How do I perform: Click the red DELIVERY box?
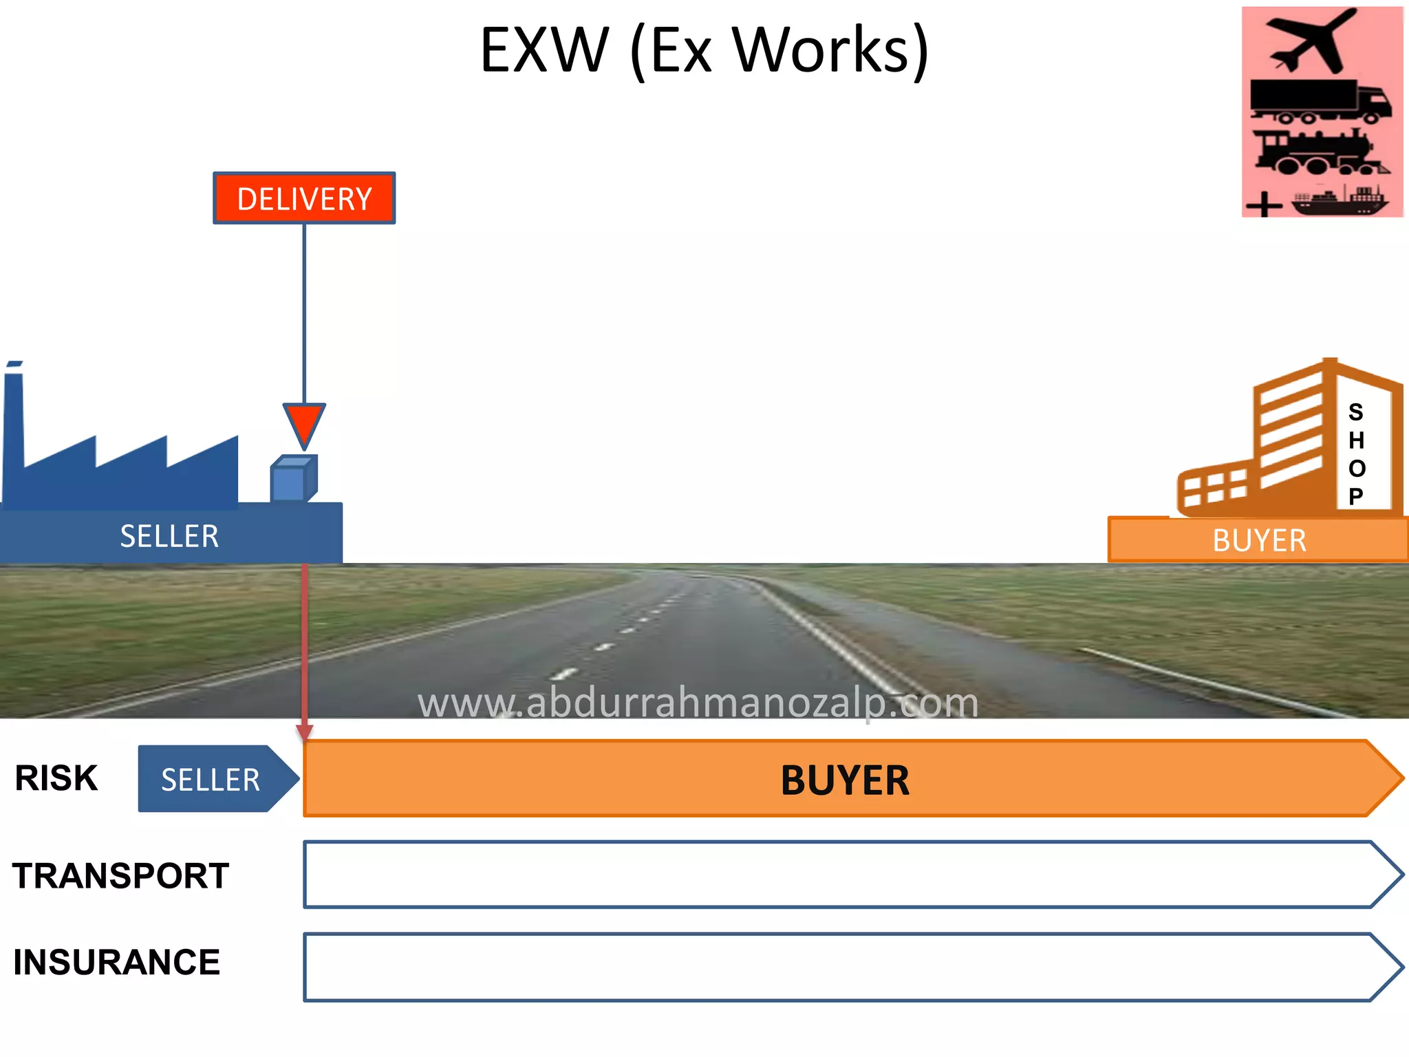point(304,198)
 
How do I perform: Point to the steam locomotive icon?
point(1317,152)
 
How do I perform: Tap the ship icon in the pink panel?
point(1339,200)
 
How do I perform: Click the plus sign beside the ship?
point(1264,205)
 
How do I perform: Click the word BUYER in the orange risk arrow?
point(845,780)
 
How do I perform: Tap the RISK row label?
point(56,778)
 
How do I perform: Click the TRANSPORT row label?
point(120,876)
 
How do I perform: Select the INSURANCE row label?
point(116,962)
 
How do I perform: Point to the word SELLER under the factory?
point(169,536)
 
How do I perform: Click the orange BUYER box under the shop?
point(1258,540)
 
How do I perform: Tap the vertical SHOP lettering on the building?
point(1356,453)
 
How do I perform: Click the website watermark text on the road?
point(698,703)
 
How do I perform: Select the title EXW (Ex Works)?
point(704,50)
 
